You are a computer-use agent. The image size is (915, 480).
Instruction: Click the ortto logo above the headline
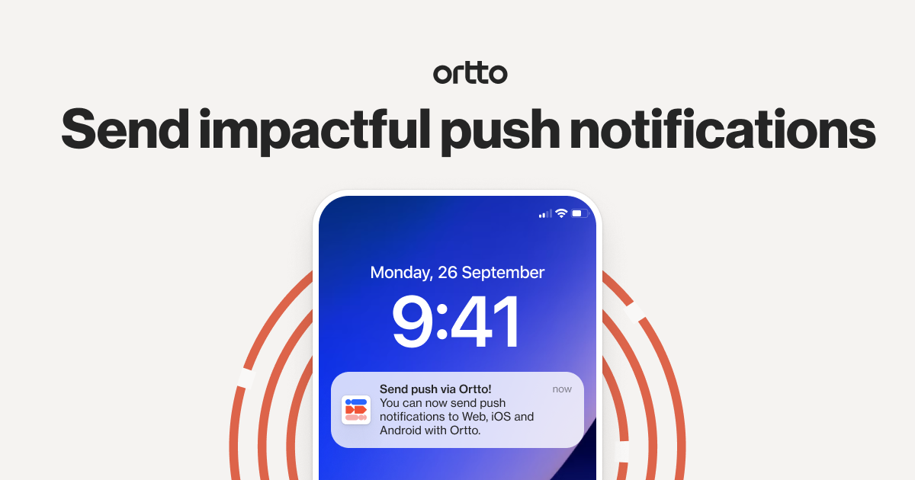[470, 73]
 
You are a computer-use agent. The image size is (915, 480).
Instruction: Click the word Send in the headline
[125, 129]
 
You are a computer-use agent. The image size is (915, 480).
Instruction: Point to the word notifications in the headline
[721, 129]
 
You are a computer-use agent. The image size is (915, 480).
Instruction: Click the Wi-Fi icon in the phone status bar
[561, 213]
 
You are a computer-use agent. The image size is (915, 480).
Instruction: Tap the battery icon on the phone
[580, 213]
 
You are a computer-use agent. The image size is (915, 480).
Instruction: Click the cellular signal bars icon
[545, 214]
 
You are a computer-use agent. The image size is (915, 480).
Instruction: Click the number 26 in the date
[448, 272]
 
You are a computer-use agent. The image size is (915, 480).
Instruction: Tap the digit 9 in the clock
[413, 321]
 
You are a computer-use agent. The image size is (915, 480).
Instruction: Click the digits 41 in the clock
[486, 321]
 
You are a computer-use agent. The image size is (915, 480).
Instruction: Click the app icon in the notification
[356, 410]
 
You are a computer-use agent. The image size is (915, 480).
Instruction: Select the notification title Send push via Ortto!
[435, 389]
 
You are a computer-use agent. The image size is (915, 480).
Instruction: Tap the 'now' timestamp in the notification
[562, 389]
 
